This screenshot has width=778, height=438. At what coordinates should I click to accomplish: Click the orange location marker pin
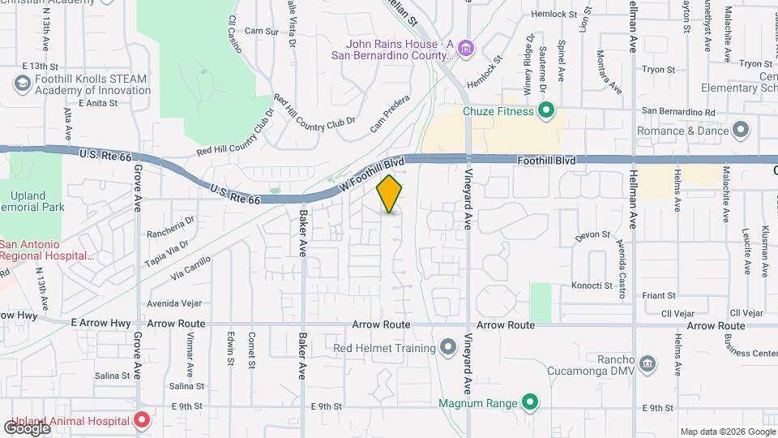[390, 194]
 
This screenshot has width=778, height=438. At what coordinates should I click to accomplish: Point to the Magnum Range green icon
[529, 402]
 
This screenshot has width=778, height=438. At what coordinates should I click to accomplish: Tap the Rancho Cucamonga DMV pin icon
[647, 362]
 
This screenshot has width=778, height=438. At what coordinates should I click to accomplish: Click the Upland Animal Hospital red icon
[142, 421]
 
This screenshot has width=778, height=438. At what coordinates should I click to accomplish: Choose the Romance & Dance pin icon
[740, 130]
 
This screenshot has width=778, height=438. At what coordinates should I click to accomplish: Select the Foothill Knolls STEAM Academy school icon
[22, 84]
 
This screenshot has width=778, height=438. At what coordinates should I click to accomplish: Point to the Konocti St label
[592, 286]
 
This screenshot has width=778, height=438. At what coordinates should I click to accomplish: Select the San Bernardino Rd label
[678, 111]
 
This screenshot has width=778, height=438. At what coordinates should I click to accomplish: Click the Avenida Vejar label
[173, 304]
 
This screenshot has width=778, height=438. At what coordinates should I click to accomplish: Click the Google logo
[27, 427]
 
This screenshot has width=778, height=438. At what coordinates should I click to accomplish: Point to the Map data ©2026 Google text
[726, 432]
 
